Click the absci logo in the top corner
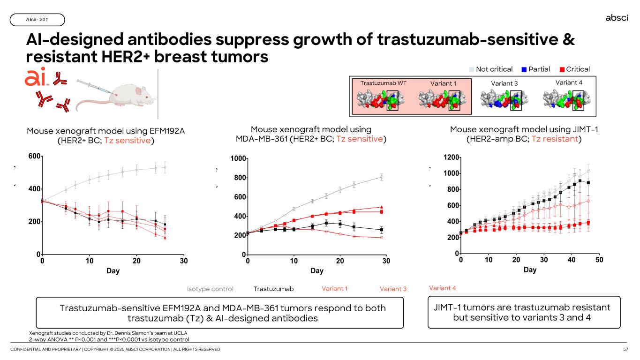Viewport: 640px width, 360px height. tap(617, 18)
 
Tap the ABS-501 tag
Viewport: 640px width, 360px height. tap(37, 20)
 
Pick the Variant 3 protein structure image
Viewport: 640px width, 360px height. tap(502, 99)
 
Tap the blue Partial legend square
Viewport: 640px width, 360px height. tap(524, 69)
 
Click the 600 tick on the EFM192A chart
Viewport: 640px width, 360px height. tap(34, 156)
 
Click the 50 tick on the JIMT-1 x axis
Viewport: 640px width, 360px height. tap(600, 260)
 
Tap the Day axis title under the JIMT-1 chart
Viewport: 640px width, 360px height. tap(530, 270)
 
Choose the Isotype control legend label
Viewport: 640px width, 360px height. tap(210, 289)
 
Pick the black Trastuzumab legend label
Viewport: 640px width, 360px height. tap(273, 289)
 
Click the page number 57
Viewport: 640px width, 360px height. tap(625, 350)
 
